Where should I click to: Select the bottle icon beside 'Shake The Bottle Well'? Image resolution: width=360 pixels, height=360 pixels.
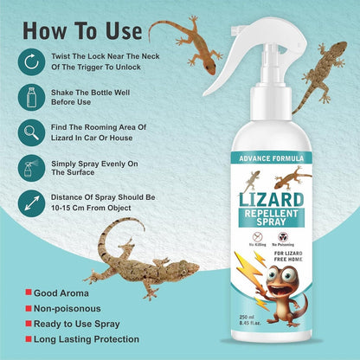click(31, 99)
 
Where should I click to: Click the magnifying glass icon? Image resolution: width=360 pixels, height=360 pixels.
click(31, 133)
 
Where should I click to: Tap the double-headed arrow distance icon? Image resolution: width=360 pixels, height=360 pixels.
click(31, 204)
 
